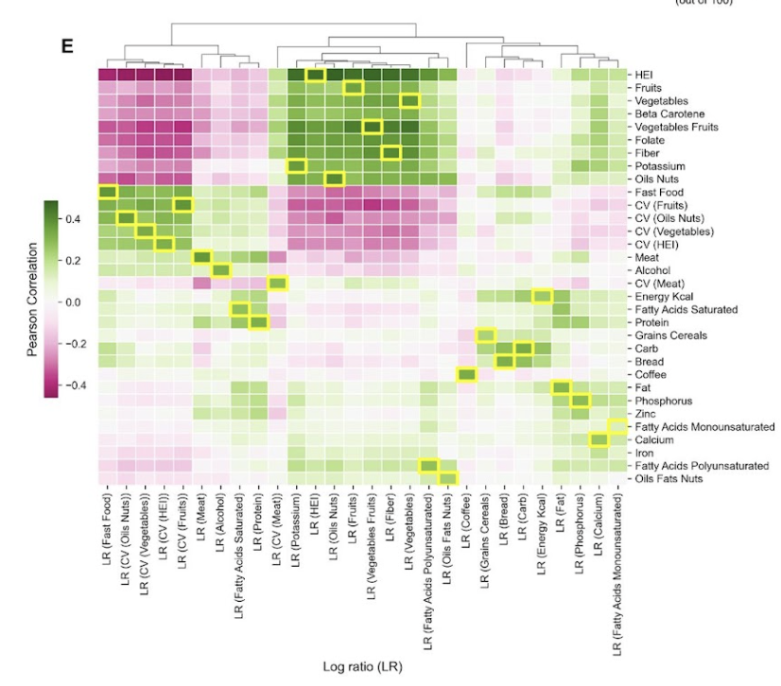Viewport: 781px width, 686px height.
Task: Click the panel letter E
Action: pyautogui.click(x=68, y=45)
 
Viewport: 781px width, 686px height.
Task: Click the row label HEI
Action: pyautogui.click(x=647, y=75)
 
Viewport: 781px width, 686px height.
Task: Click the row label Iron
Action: pyautogui.click(x=648, y=454)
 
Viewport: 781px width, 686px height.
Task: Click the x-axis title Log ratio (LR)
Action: pyautogui.click(x=363, y=667)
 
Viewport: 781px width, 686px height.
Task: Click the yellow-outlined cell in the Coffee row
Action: pyautogui.click(x=466, y=375)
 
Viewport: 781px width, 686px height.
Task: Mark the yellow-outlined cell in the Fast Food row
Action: pyautogui.click(x=107, y=193)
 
